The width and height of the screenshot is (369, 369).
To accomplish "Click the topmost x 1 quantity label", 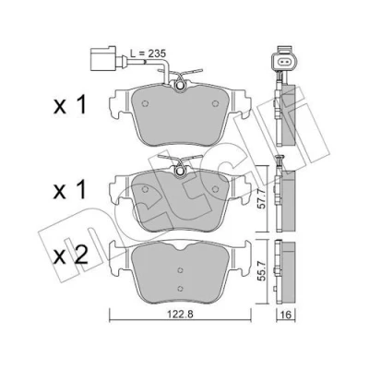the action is [70, 105].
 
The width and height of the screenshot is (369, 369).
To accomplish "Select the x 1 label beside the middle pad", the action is [70, 191].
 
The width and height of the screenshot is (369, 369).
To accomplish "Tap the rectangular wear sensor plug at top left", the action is [103, 58].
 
